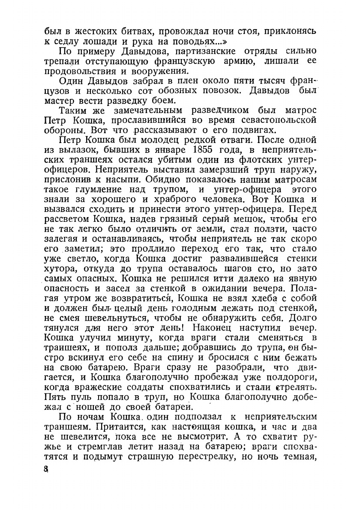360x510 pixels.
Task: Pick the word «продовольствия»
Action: point(85,72)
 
